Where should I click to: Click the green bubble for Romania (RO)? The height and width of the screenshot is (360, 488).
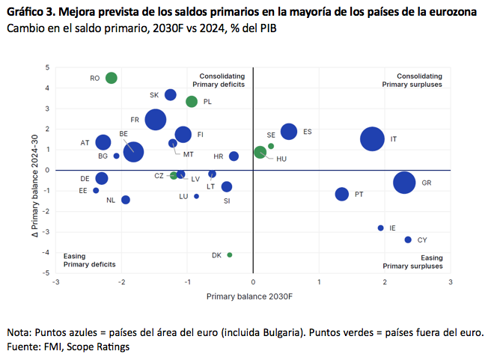coord(112,78)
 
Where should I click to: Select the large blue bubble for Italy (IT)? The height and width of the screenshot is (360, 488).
coord(373,138)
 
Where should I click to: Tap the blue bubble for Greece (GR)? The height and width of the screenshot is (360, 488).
coord(404,183)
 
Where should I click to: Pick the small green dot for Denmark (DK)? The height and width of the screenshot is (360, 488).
coord(230,255)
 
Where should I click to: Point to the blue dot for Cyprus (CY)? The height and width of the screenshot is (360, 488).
coord(408,240)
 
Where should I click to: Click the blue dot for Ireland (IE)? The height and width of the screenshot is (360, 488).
coord(381,228)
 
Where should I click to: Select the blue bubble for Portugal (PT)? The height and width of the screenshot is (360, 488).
coord(342,194)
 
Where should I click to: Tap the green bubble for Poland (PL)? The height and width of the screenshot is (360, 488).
coord(192,102)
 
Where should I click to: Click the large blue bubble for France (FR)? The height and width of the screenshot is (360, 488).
coord(156,120)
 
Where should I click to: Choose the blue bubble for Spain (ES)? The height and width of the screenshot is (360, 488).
coord(289,132)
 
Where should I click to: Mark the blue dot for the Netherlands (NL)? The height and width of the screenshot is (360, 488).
coord(126,200)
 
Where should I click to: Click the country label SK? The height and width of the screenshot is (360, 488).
coord(154,95)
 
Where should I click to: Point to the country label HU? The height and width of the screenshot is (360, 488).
coord(281,159)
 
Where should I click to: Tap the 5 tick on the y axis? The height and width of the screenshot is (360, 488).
coord(47,67)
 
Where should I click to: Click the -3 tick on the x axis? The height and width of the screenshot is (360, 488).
coord(56,282)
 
